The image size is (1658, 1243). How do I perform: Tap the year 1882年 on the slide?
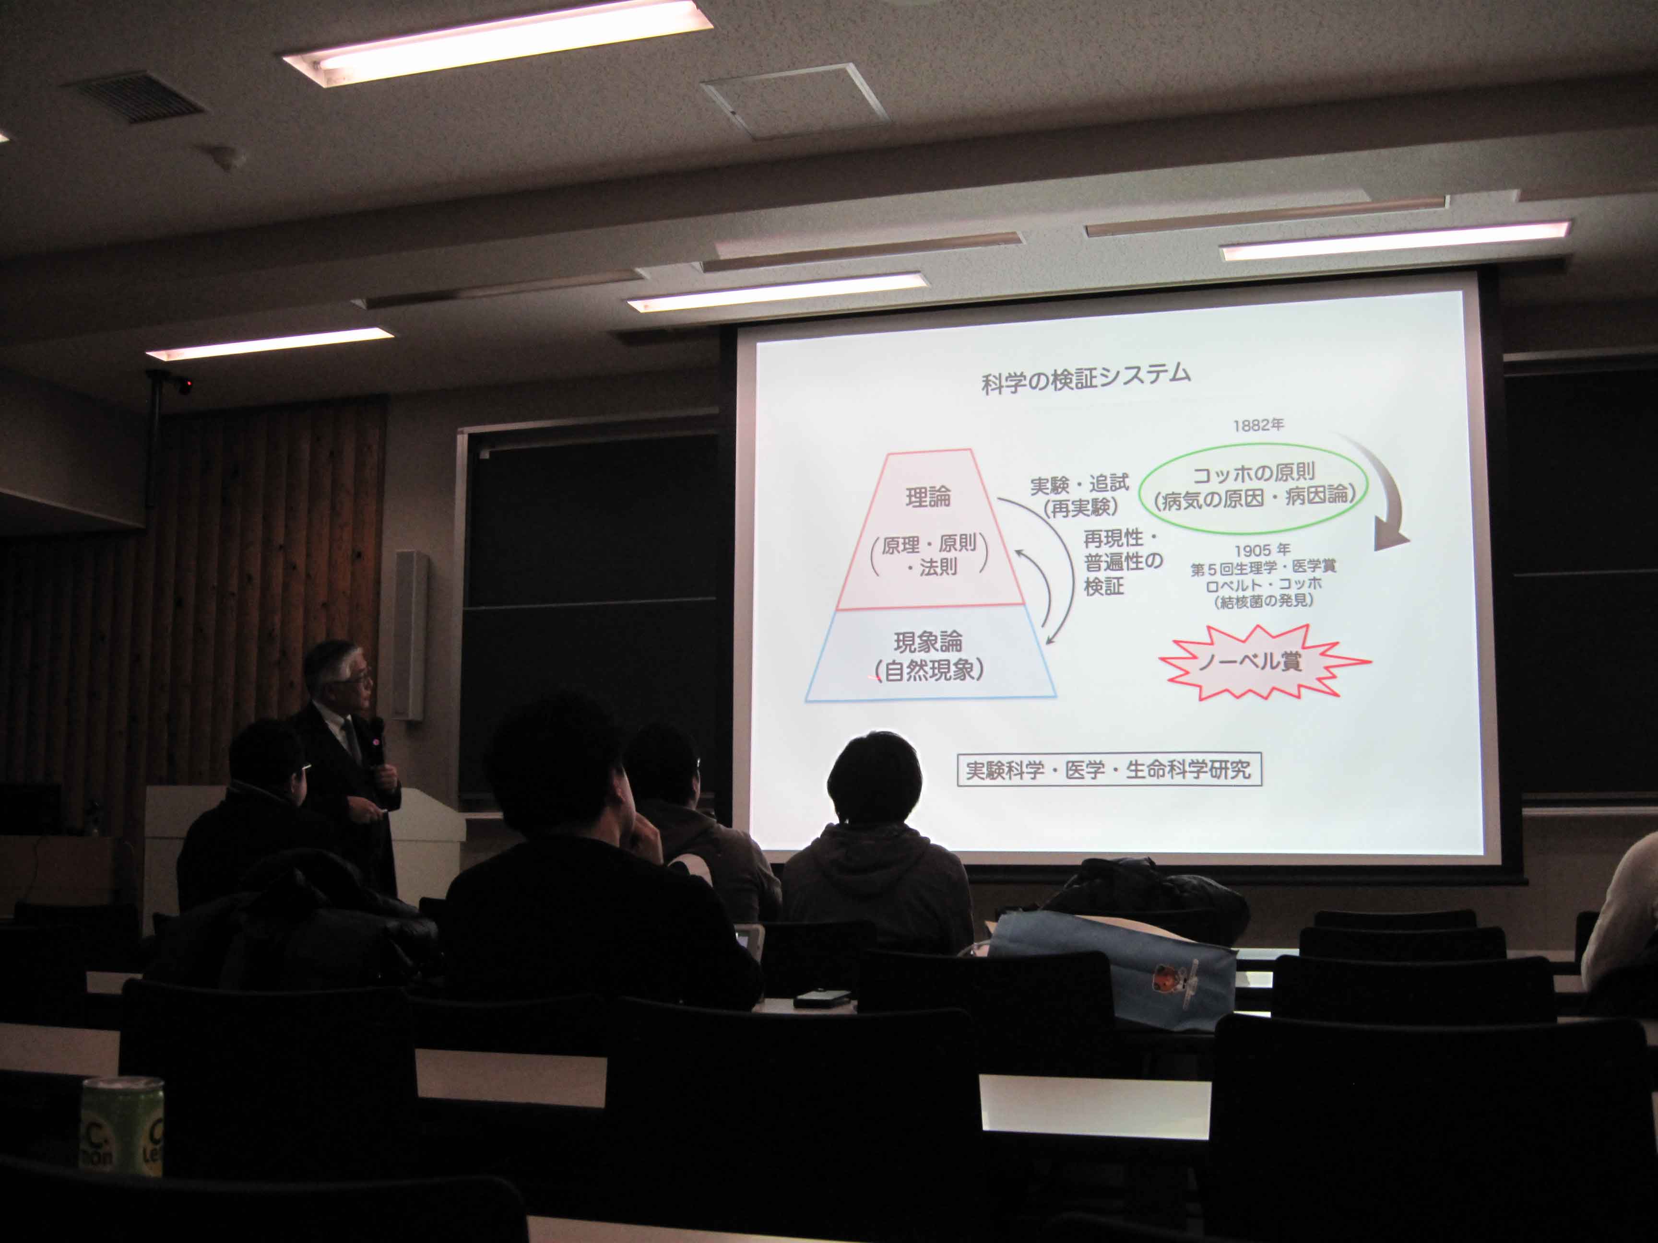tap(1258, 425)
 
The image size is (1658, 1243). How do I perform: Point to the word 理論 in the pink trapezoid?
tap(928, 497)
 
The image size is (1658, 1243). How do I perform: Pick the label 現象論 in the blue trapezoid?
tap(928, 642)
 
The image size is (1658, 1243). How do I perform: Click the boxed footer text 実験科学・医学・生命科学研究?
tap(1109, 770)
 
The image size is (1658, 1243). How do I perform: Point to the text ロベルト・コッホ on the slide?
tap(1264, 585)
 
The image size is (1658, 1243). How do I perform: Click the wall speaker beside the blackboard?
tap(410, 635)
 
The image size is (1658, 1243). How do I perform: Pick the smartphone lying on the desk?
tap(822, 998)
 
